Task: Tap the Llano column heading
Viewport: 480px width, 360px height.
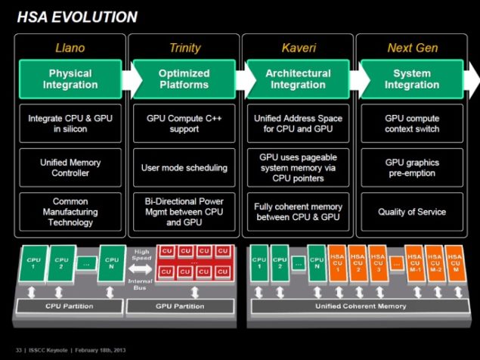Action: [x=70, y=48]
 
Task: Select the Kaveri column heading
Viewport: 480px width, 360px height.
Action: [x=297, y=48]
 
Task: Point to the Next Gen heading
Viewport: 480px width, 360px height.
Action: [x=412, y=48]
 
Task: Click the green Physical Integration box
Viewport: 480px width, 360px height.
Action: [x=70, y=79]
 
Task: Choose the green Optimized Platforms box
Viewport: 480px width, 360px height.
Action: [x=184, y=79]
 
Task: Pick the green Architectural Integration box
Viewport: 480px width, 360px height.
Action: [x=297, y=79]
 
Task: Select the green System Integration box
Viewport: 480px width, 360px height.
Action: [x=412, y=79]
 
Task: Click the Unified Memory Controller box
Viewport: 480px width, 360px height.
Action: [x=70, y=168]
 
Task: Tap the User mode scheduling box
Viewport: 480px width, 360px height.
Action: [x=184, y=168]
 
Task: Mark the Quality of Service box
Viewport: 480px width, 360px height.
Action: [x=412, y=212]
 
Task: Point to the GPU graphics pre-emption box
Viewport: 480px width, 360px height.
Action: [x=412, y=168]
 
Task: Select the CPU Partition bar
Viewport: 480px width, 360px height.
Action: [x=70, y=306]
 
